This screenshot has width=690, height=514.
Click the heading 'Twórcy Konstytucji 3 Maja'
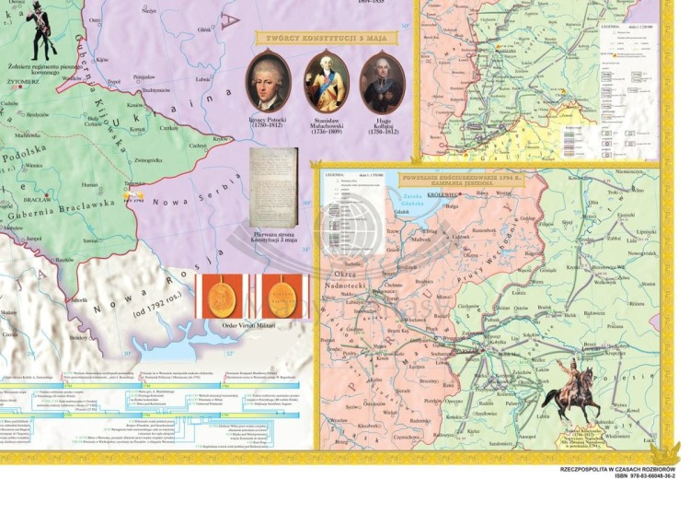pos(324,38)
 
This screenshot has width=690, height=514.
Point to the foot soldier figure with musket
pos(40,33)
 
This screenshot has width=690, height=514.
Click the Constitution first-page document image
pos(274,187)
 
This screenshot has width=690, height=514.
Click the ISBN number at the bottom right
pos(638,476)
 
